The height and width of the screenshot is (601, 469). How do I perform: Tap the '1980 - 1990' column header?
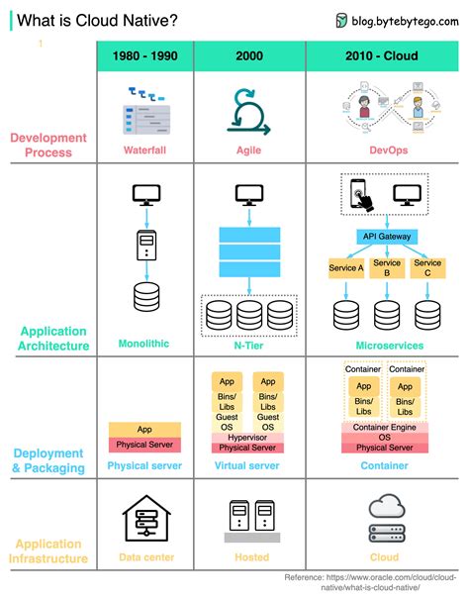(145, 56)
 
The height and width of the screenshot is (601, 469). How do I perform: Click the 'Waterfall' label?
(145, 150)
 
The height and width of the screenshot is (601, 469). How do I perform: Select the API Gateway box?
(387, 237)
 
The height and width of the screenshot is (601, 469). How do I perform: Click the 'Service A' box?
(346, 268)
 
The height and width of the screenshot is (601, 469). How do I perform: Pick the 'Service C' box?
(427, 268)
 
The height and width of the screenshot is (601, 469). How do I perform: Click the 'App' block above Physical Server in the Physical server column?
(145, 430)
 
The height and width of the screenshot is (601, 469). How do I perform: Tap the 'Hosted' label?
(251, 557)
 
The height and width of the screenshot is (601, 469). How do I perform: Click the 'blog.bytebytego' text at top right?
(406, 20)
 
